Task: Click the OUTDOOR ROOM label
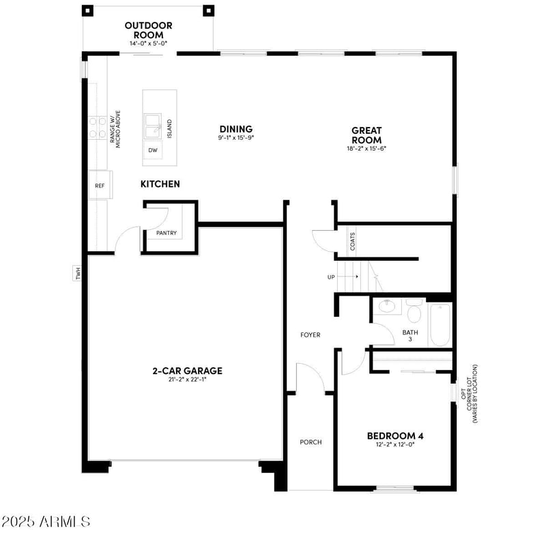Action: pos(148,30)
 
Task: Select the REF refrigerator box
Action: pos(100,185)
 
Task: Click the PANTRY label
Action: pos(167,233)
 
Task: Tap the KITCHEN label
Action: pos(160,184)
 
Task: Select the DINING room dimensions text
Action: pos(235,138)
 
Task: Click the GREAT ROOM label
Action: pos(367,134)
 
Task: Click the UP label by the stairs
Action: pos(332,278)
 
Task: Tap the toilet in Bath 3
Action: pos(414,312)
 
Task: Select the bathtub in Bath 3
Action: pos(440,325)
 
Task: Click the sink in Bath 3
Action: pos(387,306)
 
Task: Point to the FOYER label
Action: pos(311,334)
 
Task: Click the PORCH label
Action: pos(311,442)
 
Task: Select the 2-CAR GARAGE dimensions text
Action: pos(187,380)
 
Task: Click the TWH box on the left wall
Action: pos(78,274)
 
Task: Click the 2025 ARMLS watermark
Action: pos(46,521)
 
